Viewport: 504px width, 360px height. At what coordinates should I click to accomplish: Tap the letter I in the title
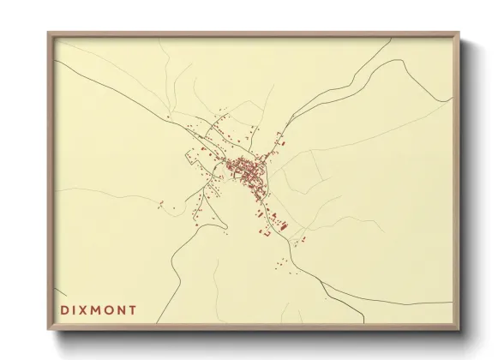tap(74, 310)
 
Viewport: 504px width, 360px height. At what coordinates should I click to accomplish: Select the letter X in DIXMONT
tap(84, 310)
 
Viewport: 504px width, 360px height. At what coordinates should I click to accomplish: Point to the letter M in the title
tap(97, 310)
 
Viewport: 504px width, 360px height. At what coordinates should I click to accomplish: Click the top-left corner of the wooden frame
tap(49, 33)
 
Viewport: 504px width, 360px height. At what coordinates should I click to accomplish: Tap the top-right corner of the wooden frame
tap(459, 33)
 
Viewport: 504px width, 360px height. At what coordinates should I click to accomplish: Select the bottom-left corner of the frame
tap(49, 330)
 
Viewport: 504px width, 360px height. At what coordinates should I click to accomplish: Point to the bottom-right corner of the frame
tap(459, 330)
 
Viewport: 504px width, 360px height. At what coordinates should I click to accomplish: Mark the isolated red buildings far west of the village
tap(160, 203)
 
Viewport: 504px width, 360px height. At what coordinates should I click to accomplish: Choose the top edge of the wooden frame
tap(254, 35)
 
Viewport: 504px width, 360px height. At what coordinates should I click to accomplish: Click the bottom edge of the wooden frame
tap(254, 328)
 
